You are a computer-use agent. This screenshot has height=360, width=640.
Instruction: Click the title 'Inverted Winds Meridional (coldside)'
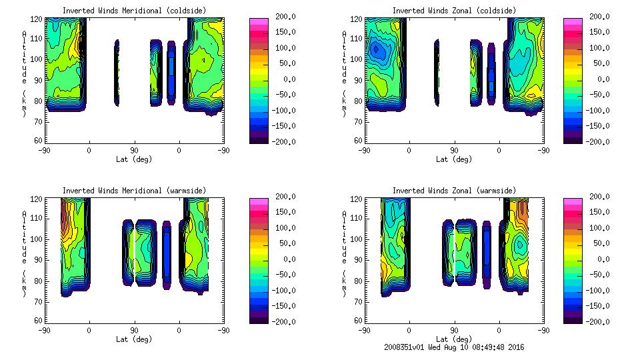tap(134, 11)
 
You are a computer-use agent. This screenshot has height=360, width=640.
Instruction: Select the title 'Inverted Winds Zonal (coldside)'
tap(454, 11)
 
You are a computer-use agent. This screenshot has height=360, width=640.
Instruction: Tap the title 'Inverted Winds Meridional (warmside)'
tap(134, 191)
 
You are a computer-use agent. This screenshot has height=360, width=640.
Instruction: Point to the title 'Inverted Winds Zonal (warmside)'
tap(454, 191)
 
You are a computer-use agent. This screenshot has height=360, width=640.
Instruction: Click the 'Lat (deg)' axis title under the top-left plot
tap(134, 159)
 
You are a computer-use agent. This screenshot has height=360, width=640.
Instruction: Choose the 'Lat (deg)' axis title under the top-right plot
tap(454, 159)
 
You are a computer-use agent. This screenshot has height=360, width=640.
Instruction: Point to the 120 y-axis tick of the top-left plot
tap(38, 20)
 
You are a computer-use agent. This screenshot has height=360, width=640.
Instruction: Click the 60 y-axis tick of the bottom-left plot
tap(39, 320)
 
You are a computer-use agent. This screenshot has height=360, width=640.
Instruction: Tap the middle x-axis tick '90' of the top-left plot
tap(134, 151)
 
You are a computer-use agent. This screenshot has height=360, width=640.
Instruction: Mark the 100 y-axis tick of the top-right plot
tap(358, 59)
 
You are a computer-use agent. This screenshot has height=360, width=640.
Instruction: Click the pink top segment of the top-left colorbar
tap(258, 21)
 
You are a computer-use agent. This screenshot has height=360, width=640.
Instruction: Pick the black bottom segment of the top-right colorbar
tap(573, 139)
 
